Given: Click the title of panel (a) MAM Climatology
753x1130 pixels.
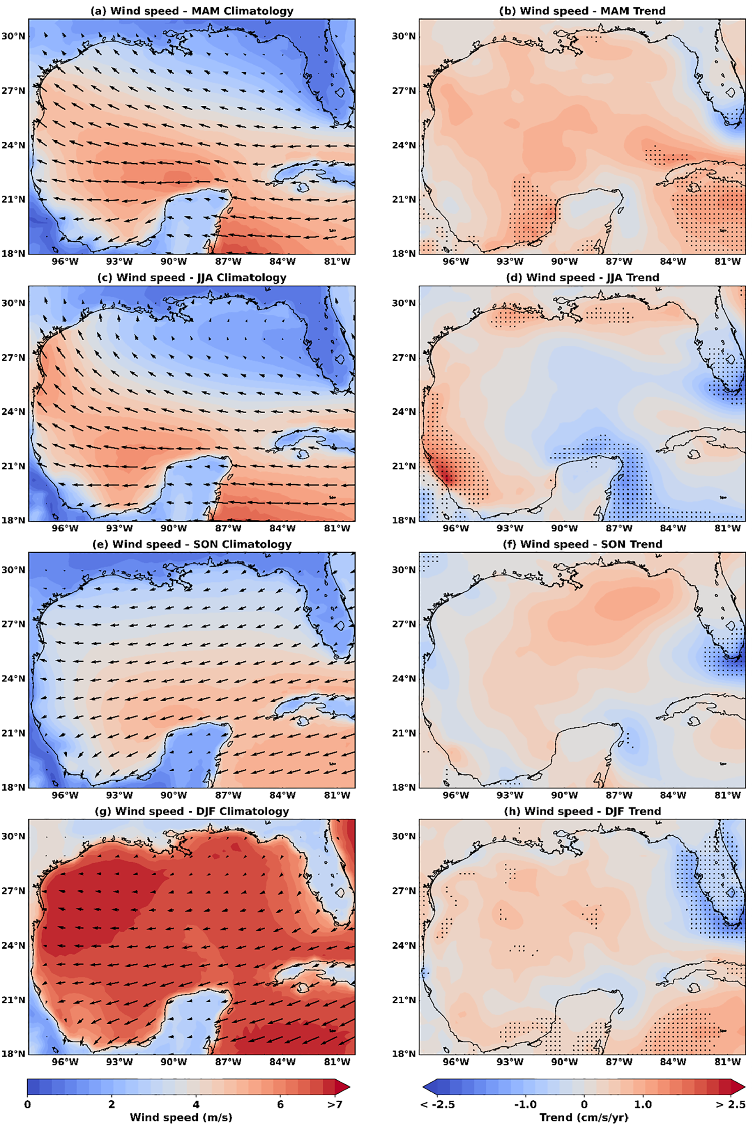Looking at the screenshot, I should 192,11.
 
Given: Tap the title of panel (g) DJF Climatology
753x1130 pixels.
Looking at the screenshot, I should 192,811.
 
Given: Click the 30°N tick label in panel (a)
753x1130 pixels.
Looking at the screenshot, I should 13,36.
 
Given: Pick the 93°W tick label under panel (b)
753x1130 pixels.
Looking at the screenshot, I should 510,261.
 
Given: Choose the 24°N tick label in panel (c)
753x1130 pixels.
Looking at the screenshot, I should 13,412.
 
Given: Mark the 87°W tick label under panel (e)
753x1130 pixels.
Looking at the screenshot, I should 228,795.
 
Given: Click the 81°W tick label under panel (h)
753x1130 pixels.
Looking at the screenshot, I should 727,1062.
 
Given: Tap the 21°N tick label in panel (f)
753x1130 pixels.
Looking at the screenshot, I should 404,733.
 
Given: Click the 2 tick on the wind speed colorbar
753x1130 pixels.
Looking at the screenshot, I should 111,1104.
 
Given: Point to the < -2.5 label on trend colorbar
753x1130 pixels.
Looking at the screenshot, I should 437,1104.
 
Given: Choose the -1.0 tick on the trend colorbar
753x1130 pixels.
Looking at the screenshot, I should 525,1104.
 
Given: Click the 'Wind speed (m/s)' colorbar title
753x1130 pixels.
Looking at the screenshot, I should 181,1117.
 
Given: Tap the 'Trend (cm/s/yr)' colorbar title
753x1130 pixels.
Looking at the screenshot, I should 584,1117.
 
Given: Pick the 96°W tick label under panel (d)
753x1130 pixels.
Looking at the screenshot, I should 455,528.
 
